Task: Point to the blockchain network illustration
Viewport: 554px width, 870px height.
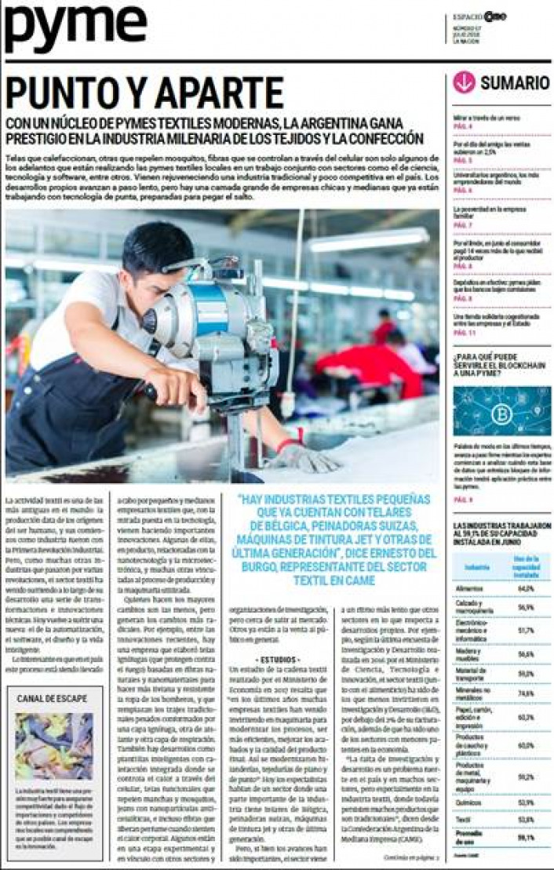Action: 501,410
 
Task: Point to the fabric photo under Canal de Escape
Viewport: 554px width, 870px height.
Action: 53,746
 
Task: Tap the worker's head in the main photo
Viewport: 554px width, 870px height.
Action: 157,255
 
